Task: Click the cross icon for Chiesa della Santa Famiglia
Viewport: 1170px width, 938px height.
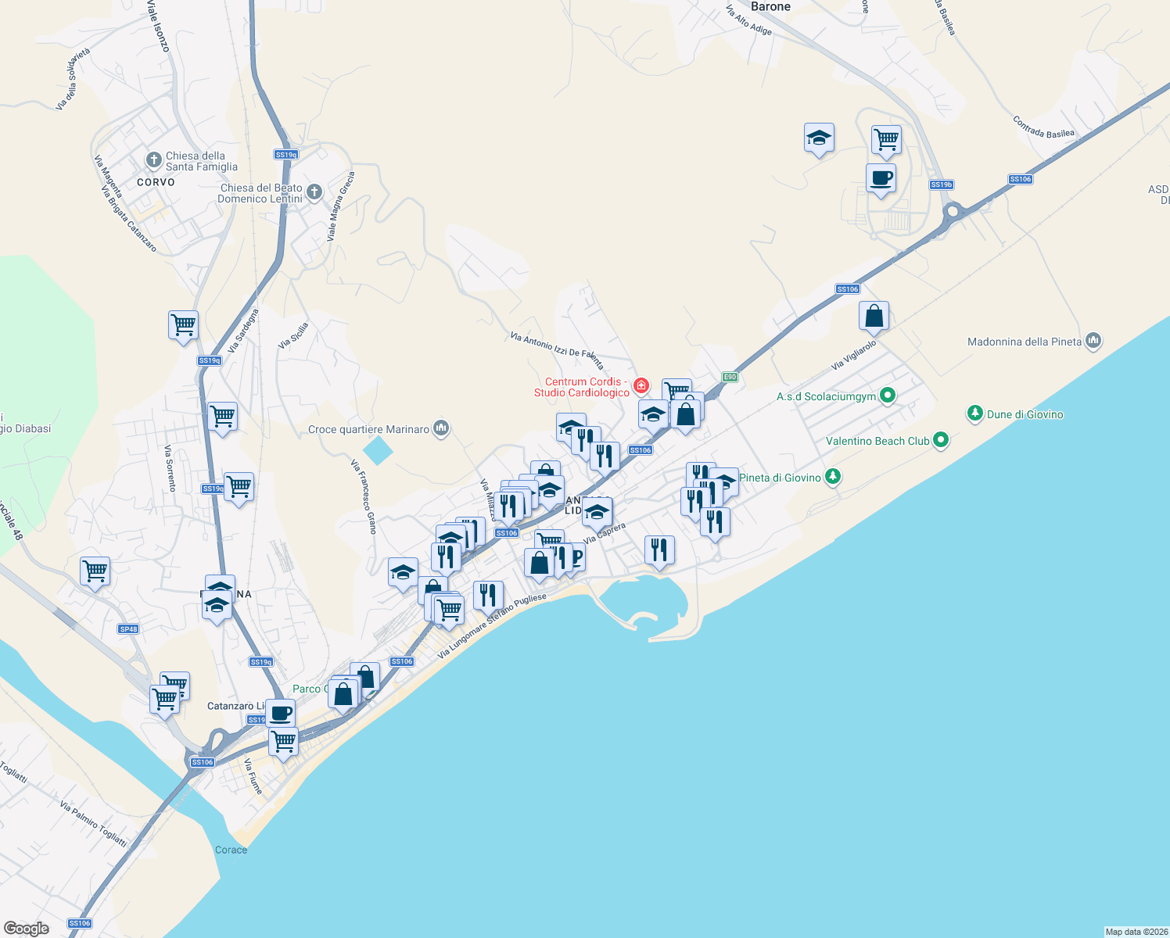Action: [154, 160]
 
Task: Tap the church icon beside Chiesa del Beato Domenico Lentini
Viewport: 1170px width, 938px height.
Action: [314, 192]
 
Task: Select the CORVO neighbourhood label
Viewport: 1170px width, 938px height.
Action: [156, 182]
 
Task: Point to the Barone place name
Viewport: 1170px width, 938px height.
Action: [770, 7]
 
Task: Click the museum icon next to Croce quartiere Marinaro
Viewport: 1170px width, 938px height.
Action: [441, 428]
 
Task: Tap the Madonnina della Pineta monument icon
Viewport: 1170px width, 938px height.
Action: [1093, 341]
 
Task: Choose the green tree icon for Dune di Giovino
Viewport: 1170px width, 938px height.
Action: [974, 414]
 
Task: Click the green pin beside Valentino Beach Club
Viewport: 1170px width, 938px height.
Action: [941, 441]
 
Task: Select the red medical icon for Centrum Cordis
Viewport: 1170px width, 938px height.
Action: [641, 385]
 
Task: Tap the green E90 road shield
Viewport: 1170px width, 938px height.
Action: [730, 378]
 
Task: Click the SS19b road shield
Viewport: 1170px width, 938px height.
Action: [941, 185]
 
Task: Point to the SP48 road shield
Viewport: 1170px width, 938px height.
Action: [128, 629]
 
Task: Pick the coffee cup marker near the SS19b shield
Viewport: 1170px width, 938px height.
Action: [881, 178]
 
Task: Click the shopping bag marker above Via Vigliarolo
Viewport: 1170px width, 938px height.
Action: [874, 317]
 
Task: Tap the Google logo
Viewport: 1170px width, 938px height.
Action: [27, 929]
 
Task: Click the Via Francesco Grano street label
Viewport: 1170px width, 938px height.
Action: [364, 497]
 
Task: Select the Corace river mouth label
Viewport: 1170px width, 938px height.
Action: [231, 850]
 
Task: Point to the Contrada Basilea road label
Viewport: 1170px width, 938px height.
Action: [1043, 127]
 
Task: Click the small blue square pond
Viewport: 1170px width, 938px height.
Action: [378, 451]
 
